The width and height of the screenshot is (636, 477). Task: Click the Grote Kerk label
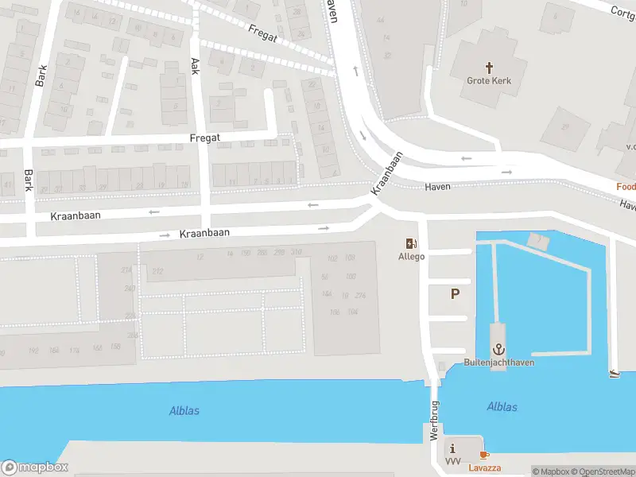[489, 80]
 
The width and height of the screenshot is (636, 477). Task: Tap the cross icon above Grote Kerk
[489, 68]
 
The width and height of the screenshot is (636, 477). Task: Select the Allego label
[411, 257]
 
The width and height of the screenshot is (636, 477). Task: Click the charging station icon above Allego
[411, 244]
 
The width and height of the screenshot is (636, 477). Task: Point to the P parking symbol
[455, 294]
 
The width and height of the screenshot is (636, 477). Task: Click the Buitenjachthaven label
[499, 363]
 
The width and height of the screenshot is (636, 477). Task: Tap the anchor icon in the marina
[499, 349]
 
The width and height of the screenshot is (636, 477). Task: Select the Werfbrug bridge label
[435, 421]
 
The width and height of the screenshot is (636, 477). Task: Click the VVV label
[453, 461]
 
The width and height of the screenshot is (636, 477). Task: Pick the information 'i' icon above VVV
[453, 448]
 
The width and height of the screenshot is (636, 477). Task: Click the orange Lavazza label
[484, 467]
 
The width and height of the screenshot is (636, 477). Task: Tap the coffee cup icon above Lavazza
[484, 455]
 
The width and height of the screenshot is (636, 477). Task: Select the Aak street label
[194, 67]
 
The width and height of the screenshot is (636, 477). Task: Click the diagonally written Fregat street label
[262, 33]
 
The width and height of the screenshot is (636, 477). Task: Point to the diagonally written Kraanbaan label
[387, 173]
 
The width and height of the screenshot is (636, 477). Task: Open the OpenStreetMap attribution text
[600, 471]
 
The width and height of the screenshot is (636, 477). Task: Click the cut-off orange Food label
[626, 187]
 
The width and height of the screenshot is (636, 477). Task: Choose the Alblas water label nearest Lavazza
[502, 407]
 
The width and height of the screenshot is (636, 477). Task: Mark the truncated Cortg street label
[622, 12]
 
